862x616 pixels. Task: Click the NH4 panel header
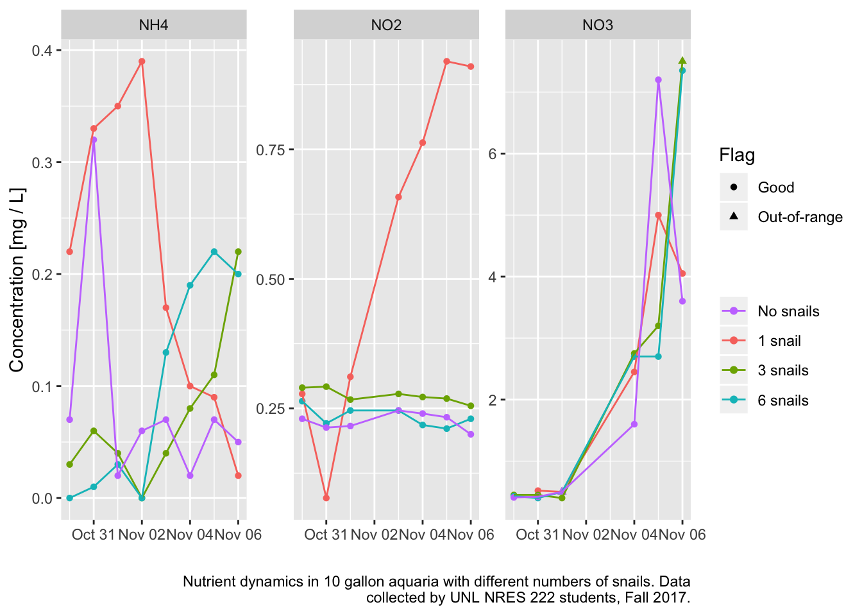tap(153, 25)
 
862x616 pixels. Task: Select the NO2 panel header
tap(386, 25)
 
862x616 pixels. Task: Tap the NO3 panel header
tap(598, 25)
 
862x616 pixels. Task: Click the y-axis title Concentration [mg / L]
tap(17, 280)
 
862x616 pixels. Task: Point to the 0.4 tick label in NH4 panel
tap(42, 51)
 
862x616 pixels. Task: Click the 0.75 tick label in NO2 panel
tap(271, 150)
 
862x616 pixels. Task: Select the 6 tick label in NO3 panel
tap(493, 154)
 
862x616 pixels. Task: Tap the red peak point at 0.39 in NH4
tap(142, 62)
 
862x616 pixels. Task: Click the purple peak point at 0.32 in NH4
tap(94, 139)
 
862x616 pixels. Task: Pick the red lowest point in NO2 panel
tap(326, 498)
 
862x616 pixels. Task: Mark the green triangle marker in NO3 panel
tap(682, 61)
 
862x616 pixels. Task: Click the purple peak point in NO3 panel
tap(658, 80)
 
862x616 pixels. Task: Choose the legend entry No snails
tap(788, 311)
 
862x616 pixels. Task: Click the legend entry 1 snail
tap(779, 341)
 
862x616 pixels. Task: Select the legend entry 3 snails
tap(782, 370)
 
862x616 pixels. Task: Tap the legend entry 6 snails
tap(782, 400)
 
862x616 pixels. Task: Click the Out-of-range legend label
tap(800, 217)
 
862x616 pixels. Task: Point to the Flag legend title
tap(737, 155)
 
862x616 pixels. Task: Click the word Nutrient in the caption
tap(207, 581)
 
